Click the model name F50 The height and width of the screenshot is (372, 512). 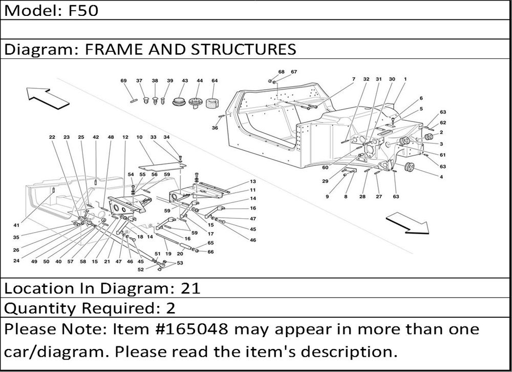click(83, 10)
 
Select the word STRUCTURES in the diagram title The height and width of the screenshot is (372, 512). click(243, 49)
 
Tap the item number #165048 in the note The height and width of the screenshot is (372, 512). click(194, 329)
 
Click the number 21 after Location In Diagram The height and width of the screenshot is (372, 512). click(190, 288)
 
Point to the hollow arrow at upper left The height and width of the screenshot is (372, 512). click(48, 98)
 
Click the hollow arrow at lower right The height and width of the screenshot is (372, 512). click(408, 223)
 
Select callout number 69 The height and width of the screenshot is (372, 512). click(123, 81)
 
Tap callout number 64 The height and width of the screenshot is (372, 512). click(215, 81)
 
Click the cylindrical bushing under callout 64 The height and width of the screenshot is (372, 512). click(212, 102)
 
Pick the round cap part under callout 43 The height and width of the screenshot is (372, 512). click(179, 101)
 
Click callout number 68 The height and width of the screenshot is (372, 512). click(281, 72)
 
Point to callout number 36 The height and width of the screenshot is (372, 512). click(215, 128)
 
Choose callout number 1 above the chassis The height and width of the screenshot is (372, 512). click(405, 79)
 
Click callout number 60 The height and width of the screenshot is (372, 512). click(325, 168)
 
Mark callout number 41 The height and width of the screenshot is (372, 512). click(16, 225)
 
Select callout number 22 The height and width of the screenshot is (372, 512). click(52, 137)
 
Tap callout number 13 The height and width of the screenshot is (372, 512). click(253, 182)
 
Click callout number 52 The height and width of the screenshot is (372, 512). click(141, 270)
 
